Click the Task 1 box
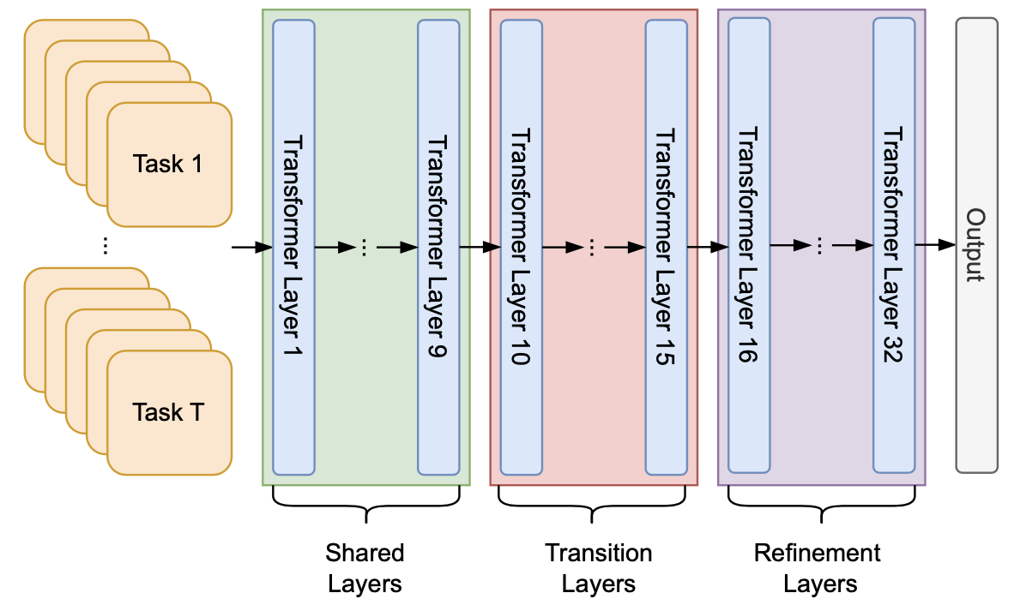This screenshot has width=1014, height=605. click(169, 165)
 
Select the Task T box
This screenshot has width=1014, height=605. click(169, 413)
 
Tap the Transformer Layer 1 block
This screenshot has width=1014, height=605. click(293, 247)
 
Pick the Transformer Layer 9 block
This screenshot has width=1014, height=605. click(438, 247)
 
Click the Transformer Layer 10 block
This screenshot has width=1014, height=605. click(521, 247)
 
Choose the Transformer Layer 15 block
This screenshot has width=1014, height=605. click(667, 247)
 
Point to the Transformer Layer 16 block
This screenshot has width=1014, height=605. click(749, 247)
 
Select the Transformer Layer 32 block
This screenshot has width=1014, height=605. click(895, 247)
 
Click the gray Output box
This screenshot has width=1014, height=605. click(976, 245)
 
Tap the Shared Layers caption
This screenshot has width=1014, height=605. click(365, 568)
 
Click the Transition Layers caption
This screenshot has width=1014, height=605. click(598, 568)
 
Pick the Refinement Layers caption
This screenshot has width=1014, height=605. click(819, 568)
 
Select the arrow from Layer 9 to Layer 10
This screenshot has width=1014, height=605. click(480, 248)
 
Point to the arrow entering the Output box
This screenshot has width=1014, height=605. click(935, 245)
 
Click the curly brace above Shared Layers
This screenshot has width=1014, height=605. click(366, 506)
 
